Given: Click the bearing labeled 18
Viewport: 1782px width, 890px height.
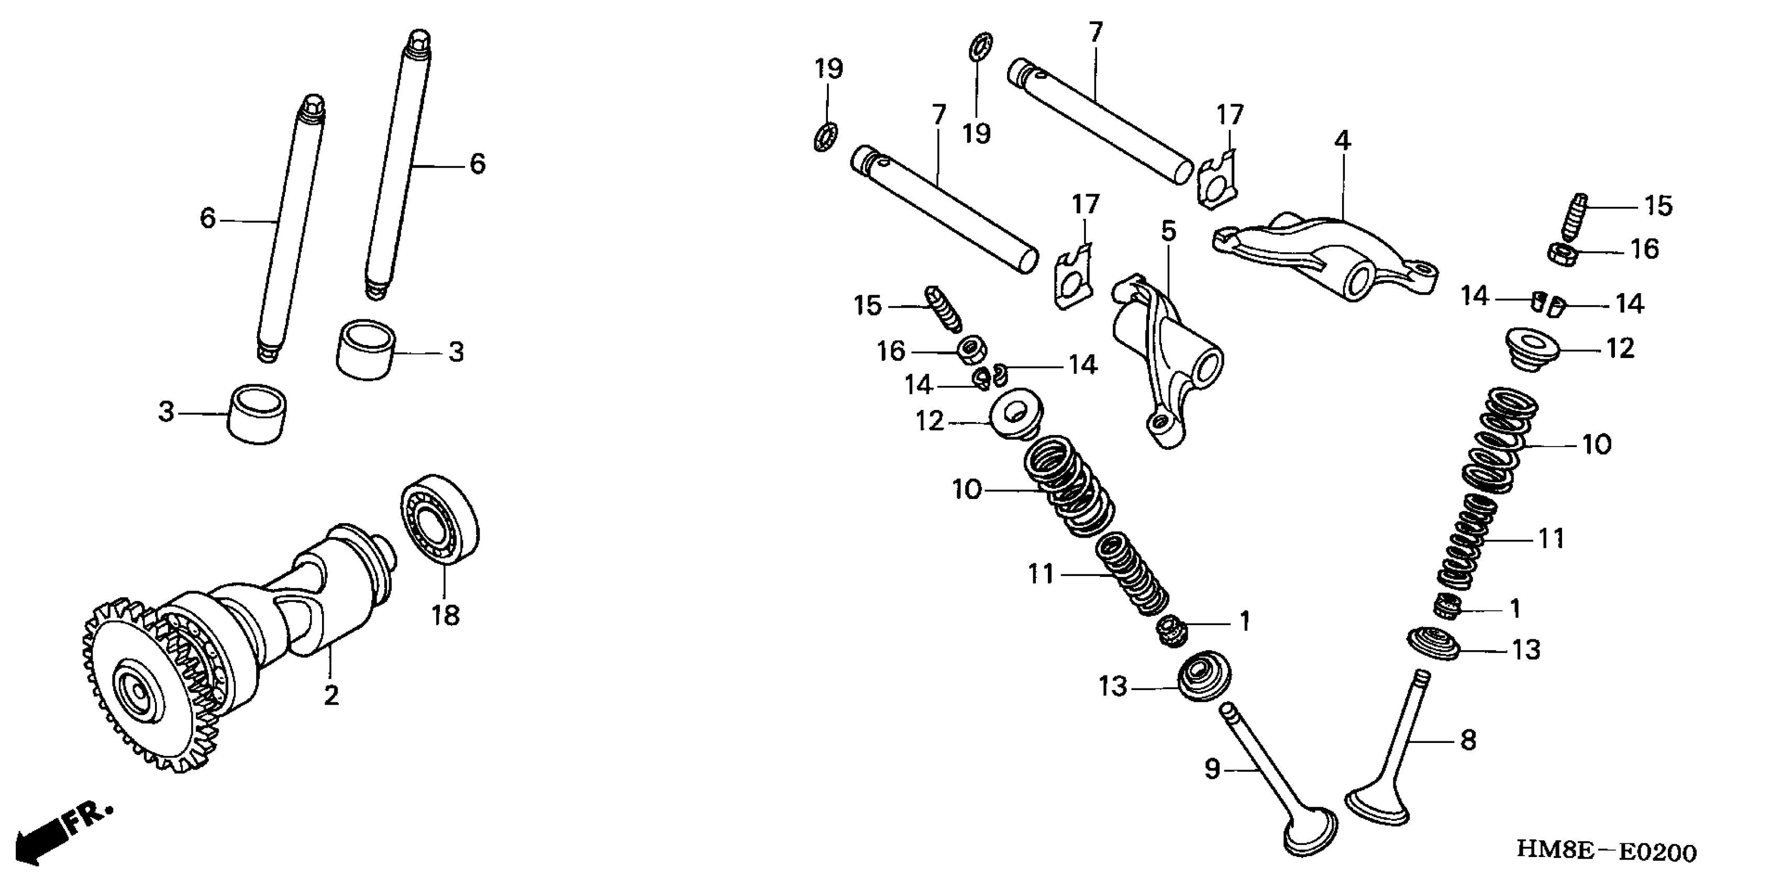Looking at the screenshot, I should click(x=440, y=519).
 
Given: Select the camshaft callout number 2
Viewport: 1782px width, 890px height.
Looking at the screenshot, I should click(x=331, y=695).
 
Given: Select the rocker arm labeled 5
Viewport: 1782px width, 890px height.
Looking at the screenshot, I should click(x=1169, y=360).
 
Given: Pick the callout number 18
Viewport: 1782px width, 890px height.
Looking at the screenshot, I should click(x=446, y=614).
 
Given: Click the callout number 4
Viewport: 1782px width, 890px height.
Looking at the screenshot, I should click(x=1342, y=140).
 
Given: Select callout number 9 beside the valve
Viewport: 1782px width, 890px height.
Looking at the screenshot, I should click(x=1212, y=769).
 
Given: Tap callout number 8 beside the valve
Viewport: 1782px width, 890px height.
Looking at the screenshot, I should click(x=1468, y=740).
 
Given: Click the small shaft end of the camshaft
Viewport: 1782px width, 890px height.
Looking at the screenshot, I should click(x=388, y=553).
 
